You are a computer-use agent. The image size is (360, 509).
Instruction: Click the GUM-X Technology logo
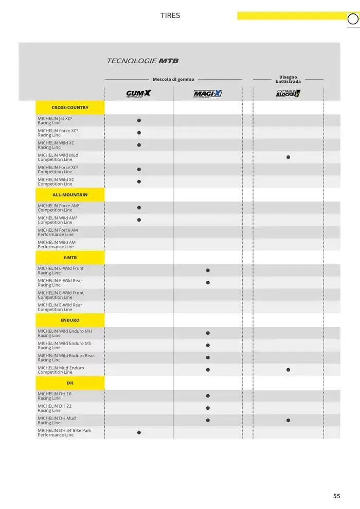tap(139, 94)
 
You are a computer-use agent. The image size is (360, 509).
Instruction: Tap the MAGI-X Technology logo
tap(208, 94)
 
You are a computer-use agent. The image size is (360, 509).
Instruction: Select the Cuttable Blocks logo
tap(288, 93)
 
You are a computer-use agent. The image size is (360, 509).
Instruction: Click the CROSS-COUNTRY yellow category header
tap(70, 107)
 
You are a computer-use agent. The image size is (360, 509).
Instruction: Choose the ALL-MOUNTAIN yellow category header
tap(70, 195)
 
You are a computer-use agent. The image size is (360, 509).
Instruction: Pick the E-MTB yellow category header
tap(70, 257)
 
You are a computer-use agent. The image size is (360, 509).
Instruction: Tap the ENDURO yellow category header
tap(70, 320)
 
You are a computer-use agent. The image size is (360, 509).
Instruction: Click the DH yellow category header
tap(70, 383)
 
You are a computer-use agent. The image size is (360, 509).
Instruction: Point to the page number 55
tap(336, 496)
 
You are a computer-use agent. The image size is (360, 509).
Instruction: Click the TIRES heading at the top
tap(170, 15)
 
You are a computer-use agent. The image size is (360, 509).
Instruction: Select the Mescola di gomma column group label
tap(173, 79)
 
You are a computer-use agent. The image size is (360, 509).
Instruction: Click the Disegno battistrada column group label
tap(288, 79)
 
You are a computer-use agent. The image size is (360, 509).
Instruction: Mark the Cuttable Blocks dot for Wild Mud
tap(288, 157)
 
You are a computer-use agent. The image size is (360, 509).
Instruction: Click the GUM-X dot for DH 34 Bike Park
tap(139, 432)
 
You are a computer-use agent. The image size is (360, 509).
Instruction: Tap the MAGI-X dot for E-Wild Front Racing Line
tap(208, 270)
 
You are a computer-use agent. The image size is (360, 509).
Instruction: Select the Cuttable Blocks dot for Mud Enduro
tap(288, 370)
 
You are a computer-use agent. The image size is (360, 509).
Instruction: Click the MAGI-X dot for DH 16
tap(208, 396)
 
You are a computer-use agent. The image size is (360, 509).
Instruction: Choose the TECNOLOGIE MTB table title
tap(142, 61)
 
